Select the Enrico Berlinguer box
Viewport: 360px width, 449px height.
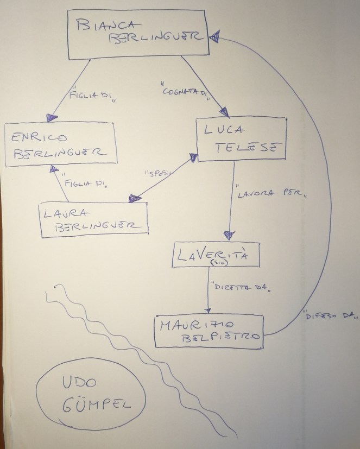pyautogui.click(x=61, y=143)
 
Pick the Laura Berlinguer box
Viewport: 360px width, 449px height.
pyautogui.click(x=93, y=218)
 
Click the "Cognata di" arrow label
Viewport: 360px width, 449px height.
pyautogui.click(x=185, y=91)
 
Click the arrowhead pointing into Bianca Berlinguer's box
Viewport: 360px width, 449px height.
pyautogui.click(x=214, y=36)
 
